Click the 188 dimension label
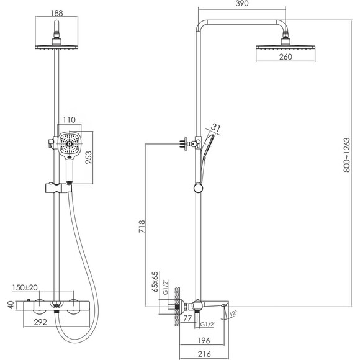pos(56,13)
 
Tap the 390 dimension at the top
pos(242,4)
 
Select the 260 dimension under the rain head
pos(286,56)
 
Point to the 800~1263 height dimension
pos(347,155)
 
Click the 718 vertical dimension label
pos(142,227)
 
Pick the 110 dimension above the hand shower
pos(69,120)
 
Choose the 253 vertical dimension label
pos(88,157)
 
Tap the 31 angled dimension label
pos(215,128)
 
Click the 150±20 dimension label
pos(25,287)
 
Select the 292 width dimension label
pos(40,322)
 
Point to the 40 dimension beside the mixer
pos(11,305)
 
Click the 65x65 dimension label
pos(155,282)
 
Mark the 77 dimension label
pos(187,318)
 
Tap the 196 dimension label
pos(204,340)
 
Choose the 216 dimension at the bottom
pos(204,354)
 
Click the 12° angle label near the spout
pos(233,313)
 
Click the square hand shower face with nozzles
pos(70,144)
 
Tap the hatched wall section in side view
pos(178,306)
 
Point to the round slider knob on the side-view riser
pos(198,188)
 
